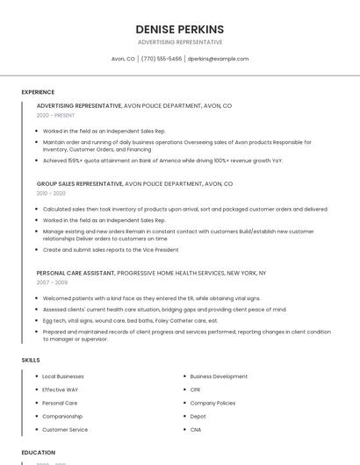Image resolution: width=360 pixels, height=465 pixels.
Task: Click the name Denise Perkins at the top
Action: pyautogui.click(x=180, y=29)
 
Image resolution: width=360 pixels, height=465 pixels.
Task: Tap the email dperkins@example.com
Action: pyautogui.click(x=219, y=59)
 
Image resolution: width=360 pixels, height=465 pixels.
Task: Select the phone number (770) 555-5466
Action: pyautogui.click(x=162, y=59)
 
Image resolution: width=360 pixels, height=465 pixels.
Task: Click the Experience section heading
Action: pyautogui.click(x=38, y=92)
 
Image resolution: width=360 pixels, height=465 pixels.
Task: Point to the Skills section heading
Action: pyautogui.click(x=31, y=360)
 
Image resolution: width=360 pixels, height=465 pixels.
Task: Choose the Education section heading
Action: pyautogui.click(x=39, y=453)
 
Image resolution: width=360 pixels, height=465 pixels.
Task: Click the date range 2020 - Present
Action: pyautogui.click(x=56, y=115)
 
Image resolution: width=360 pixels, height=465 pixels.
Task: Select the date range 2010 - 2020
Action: pyautogui.click(x=51, y=193)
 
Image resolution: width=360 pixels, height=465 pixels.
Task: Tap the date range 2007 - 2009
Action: pyautogui.click(x=52, y=283)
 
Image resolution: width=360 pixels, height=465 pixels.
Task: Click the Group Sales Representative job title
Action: pyautogui.click(x=80, y=184)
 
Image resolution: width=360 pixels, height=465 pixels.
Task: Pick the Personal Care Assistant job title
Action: pyautogui.click(x=76, y=273)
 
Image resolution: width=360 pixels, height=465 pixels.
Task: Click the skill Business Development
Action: pyautogui.click(x=219, y=376)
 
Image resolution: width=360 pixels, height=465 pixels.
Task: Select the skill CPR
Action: pyautogui.click(x=195, y=390)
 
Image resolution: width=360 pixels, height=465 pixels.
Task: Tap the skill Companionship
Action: pyautogui.click(x=62, y=417)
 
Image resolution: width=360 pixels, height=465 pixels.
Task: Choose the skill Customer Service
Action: pyautogui.click(x=65, y=430)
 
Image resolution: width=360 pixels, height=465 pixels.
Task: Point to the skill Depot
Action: pyautogui.click(x=198, y=417)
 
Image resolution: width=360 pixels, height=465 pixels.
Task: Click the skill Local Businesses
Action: pyautogui.click(x=63, y=376)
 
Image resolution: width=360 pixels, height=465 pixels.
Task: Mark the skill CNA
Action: pyautogui.click(x=196, y=430)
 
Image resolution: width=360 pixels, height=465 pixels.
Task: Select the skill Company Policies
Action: pyautogui.click(x=212, y=403)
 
